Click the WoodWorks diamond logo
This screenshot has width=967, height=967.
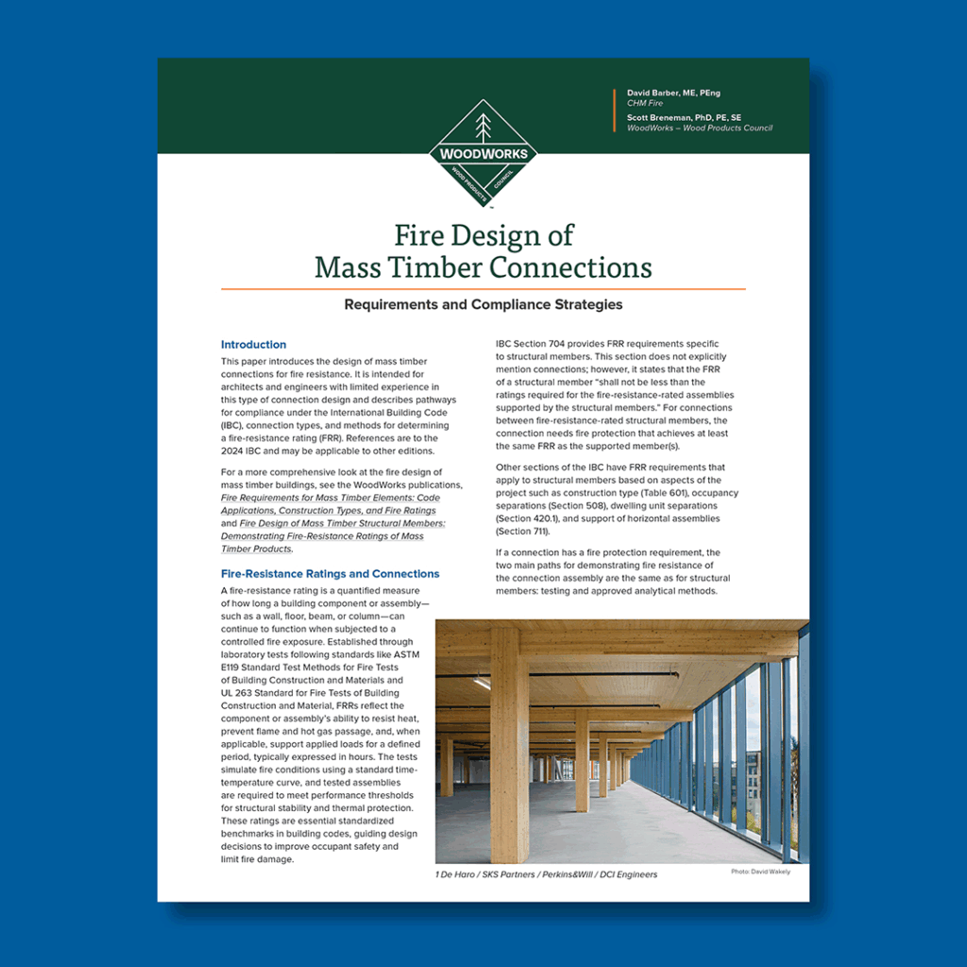[x=483, y=154]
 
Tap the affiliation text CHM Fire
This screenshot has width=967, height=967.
[x=644, y=105]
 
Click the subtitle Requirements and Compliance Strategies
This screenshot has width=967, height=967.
[x=483, y=305]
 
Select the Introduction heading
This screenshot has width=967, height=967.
[x=253, y=345]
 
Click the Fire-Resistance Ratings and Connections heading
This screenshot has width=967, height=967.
[x=330, y=573]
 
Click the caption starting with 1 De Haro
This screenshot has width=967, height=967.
[x=546, y=874]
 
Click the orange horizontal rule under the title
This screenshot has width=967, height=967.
[x=483, y=288]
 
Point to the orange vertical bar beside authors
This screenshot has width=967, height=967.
[x=615, y=110]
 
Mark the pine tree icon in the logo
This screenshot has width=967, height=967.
[x=483, y=127]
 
